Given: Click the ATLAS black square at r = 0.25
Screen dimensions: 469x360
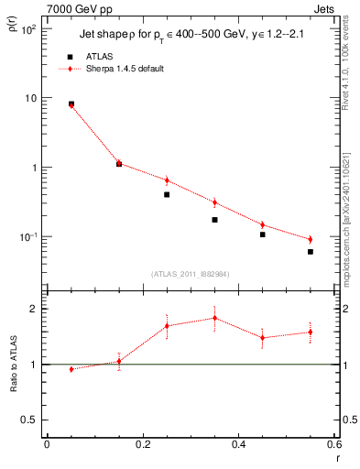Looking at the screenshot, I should tap(167, 194).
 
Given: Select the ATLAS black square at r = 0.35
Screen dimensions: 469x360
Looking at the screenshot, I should tap(214, 220).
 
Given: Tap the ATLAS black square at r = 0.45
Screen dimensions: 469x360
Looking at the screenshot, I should tap(262, 234).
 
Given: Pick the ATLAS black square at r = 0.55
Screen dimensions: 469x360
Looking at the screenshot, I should tap(311, 252).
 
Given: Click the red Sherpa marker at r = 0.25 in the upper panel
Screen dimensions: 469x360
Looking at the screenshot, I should tap(167, 180).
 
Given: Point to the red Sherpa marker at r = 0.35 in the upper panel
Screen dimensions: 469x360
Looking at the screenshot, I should tap(214, 202).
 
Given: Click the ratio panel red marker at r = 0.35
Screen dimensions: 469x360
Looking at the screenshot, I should tap(214, 318).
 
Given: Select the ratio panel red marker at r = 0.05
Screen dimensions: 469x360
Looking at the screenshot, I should tap(71, 369).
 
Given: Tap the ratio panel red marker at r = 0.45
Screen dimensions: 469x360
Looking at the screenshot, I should tap(262, 338).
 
